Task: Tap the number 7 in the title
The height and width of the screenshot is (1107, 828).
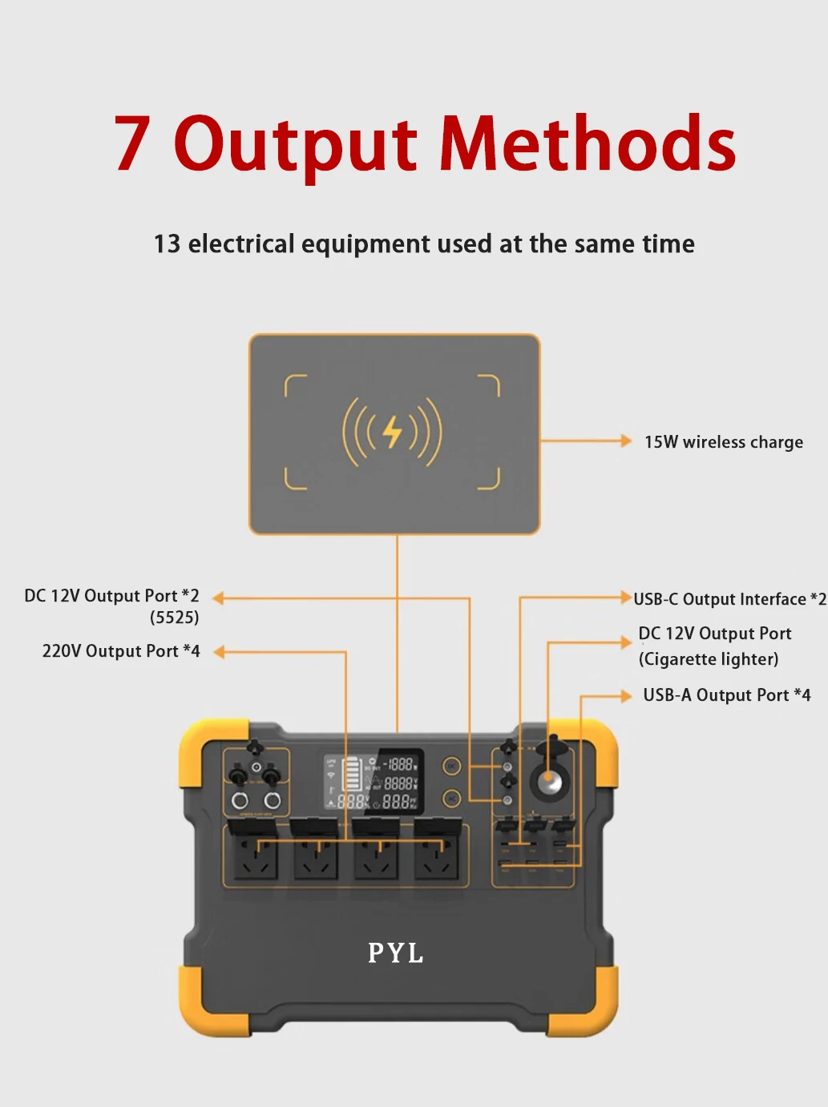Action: [x=132, y=144]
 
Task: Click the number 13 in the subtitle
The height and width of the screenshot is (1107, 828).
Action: [x=167, y=244]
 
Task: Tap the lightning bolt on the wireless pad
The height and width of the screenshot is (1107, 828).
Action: [x=392, y=433]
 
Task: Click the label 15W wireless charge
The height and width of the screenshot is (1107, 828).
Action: [x=723, y=442]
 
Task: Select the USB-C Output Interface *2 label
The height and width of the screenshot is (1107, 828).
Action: [x=729, y=599]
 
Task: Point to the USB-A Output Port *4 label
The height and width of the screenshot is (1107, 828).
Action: [x=726, y=695]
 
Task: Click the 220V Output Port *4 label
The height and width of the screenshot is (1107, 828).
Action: [x=121, y=651]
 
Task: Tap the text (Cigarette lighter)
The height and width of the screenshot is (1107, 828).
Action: [x=709, y=659]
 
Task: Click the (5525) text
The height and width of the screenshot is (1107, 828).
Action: [x=174, y=618]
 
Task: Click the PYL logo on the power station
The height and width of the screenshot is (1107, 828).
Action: [x=395, y=953]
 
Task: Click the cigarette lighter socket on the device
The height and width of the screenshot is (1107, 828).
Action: [x=549, y=780]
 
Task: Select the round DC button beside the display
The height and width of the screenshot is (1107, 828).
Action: [x=452, y=767]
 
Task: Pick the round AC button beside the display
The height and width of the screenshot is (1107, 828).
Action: [x=452, y=798]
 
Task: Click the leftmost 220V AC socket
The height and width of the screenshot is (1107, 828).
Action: [x=255, y=856]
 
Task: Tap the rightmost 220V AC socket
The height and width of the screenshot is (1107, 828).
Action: [x=437, y=856]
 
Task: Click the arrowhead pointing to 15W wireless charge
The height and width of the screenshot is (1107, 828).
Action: [x=626, y=441]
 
